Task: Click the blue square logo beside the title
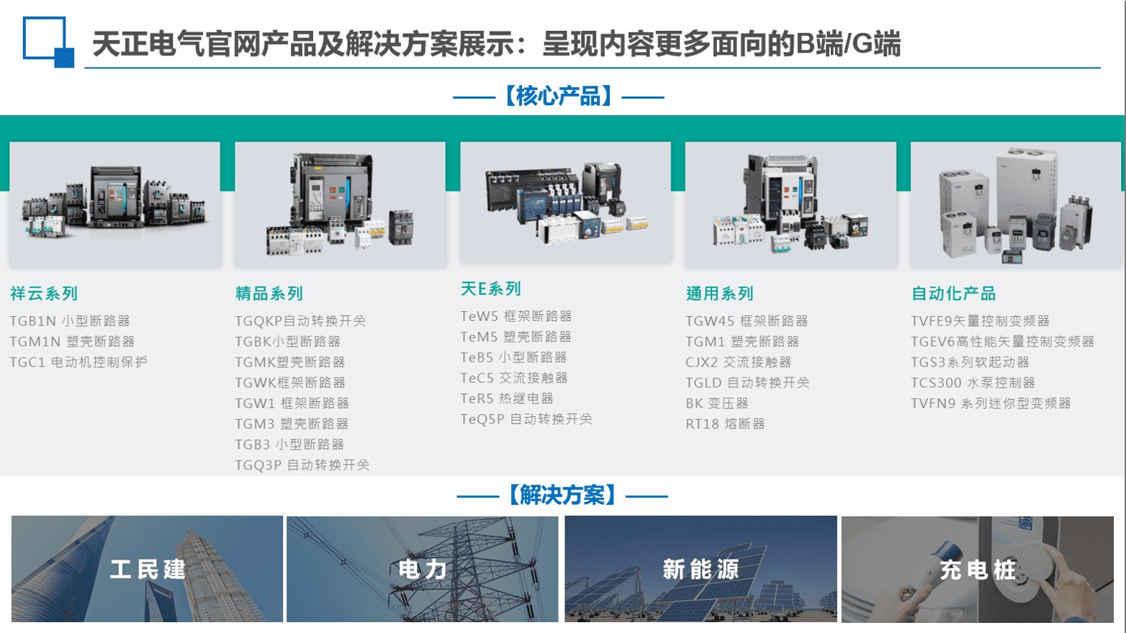tap(48, 42)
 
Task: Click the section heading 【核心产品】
tap(559, 96)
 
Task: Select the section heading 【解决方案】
tap(562, 495)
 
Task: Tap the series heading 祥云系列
tap(44, 293)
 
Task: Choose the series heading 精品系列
tap(269, 293)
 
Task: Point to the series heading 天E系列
tap(490, 289)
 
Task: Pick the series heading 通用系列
tap(719, 293)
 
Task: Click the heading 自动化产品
tap(954, 293)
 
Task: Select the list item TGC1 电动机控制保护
tap(78, 362)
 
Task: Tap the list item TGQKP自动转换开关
tap(301, 320)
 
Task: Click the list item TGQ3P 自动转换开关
tap(302, 465)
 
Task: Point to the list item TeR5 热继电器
tap(507, 399)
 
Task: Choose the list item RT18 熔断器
tap(725, 424)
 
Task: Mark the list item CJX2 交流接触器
tap(739, 362)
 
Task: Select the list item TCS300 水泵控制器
tap(973, 382)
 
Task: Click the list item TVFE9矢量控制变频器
tap(981, 320)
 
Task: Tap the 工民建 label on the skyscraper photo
tap(148, 569)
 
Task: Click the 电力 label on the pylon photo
tap(422, 569)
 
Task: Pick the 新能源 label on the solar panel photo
tap(701, 569)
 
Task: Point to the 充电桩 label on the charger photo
tap(978, 570)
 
